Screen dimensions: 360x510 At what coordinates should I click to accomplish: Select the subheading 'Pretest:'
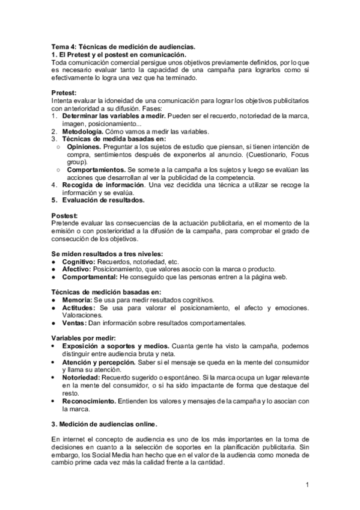[x=64, y=93]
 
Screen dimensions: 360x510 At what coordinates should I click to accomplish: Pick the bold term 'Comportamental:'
[x=90, y=277]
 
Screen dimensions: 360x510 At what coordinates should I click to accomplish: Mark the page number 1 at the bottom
[x=307, y=485]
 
